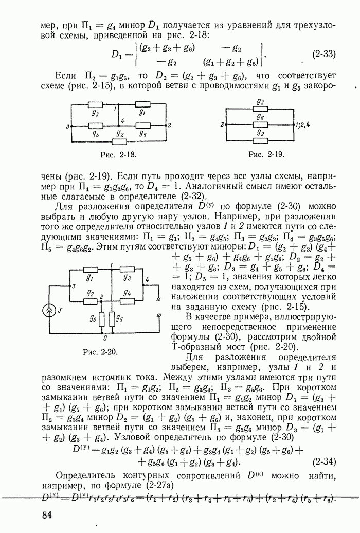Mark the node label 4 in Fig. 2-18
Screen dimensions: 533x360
(121, 121)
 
